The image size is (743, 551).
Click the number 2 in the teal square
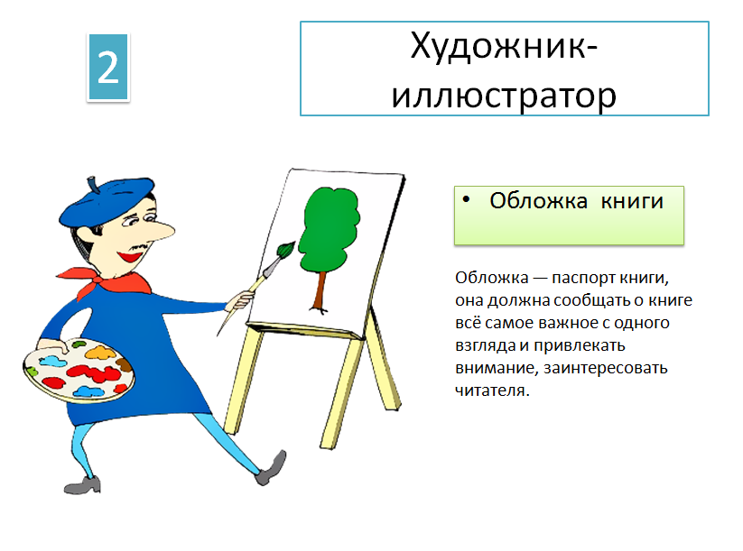tap(108, 67)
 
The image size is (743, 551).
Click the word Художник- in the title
tap(504, 46)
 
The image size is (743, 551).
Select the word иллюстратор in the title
tap(504, 96)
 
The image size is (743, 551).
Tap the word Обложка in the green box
tap(538, 201)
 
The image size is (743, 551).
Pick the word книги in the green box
tap(632, 202)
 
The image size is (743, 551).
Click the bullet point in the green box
tap(466, 200)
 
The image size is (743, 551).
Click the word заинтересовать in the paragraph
tap(606, 368)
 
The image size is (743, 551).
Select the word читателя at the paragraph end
tap(492, 390)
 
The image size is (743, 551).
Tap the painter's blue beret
tap(106, 202)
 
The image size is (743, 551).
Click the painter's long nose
tap(159, 231)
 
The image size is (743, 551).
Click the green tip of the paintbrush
tap(286, 250)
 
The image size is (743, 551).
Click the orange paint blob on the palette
tap(100, 352)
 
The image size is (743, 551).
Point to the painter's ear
tap(86, 236)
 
